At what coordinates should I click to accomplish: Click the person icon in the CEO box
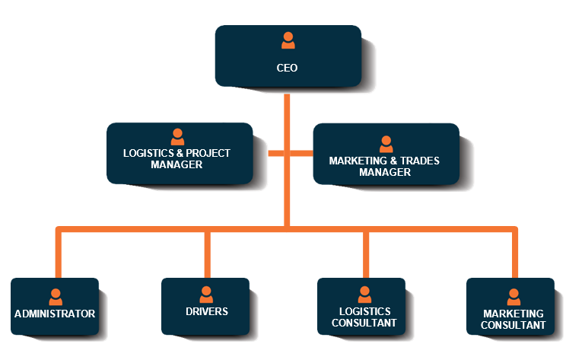click(x=287, y=41)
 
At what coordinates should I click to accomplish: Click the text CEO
click(x=287, y=68)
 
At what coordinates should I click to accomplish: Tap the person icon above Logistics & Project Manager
click(x=177, y=137)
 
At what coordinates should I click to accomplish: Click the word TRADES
click(x=418, y=161)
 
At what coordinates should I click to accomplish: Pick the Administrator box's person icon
click(x=55, y=297)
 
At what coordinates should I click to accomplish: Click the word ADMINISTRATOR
click(x=55, y=314)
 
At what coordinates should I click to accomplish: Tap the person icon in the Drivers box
click(x=205, y=295)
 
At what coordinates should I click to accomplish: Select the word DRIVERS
click(x=206, y=311)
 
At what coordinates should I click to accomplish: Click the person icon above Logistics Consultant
click(x=364, y=295)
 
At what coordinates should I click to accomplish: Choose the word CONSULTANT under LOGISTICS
click(x=364, y=323)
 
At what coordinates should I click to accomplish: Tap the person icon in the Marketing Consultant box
click(x=514, y=297)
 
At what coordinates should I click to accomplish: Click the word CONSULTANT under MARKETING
click(x=514, y=325)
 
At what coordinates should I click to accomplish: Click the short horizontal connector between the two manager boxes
click(x=290, y=153)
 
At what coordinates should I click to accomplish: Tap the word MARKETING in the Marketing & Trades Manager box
click(x=355, y=161)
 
